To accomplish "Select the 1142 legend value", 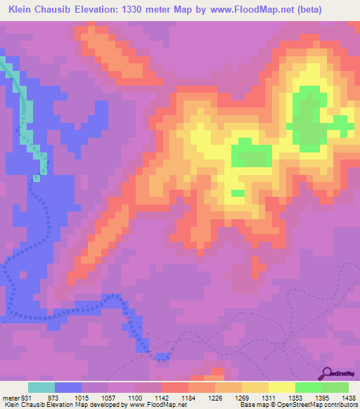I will (161, 397).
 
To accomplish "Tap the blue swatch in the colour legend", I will (68, 387).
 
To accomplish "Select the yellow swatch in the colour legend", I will (281, 387).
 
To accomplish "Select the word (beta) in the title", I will (340, 10).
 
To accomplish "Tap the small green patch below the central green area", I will (238, 193).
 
